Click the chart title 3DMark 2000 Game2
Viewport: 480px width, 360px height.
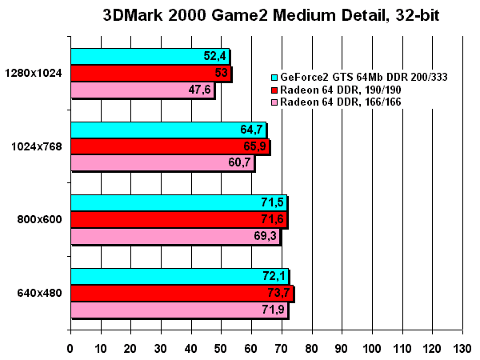pos(271,15)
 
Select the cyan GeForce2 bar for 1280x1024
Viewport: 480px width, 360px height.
pos(150,56)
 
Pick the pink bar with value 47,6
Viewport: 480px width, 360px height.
pos(142,90)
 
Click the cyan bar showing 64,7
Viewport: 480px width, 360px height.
pos(168,130)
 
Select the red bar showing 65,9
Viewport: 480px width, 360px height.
pos(170,146)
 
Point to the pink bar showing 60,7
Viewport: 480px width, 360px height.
pos(162,163)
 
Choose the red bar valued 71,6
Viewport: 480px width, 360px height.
pos(178,219)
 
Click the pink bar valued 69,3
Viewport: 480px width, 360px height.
pos(175,237)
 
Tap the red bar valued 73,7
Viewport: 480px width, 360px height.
pos(182,293)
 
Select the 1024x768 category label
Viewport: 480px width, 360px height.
pos(38,146)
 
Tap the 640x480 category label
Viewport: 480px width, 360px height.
pos(39,293)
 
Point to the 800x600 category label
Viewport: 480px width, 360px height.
pos(39,220)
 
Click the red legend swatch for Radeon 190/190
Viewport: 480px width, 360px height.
pos(274,90)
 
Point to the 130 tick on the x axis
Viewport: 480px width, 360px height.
pos(462,349)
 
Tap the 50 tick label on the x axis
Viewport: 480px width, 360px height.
pos(221,349)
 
